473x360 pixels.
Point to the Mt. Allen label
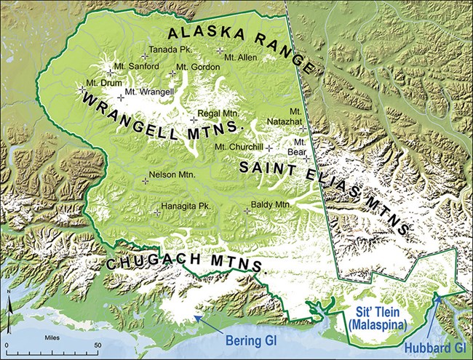click(x=240, y=56)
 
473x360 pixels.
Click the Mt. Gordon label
click(x=193, y=68)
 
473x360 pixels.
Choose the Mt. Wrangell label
click(x=148, y=92)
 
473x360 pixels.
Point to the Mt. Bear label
click(x=298, y=148)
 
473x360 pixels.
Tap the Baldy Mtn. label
click(x=271, y=205)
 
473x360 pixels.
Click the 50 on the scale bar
click(x=98, y=345)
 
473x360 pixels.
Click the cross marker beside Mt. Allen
click(x=220, y=51)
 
